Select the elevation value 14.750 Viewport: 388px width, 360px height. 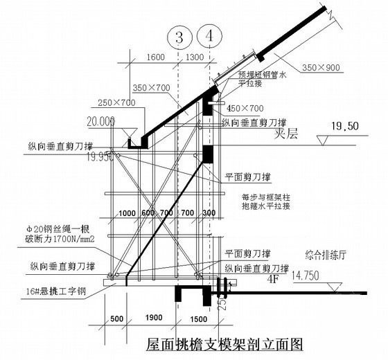[x=310, y=275]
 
